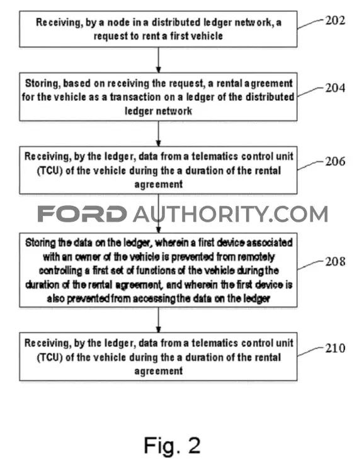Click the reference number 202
[335, 20]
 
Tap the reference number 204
[335, 88]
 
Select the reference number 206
[335, 161]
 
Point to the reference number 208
[335, 261]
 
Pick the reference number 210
[335, 348]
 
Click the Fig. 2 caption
[172, 445]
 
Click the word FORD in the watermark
[82, 214]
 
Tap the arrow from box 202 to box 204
[159, 60]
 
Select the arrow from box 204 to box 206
[159, 134]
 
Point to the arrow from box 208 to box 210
[159, 319]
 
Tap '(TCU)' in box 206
[50, 171]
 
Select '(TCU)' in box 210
[50, 358]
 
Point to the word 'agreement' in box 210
[159, 371]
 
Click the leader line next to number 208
[310, 265]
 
